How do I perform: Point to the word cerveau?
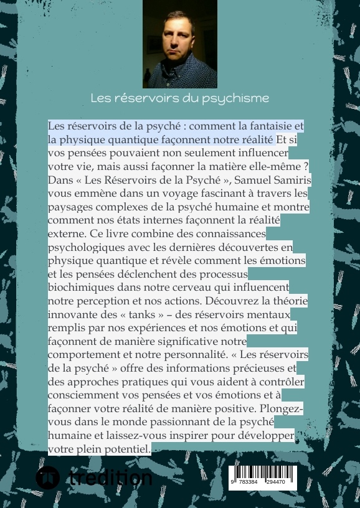pyautogui.click(x=204, y=287)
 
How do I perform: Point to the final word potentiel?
pyautogui.click(x=125, y=448)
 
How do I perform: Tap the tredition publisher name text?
pyautogui.click(x=110, y=478)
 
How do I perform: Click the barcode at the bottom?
pyautogui.click(x=263, y=477)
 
